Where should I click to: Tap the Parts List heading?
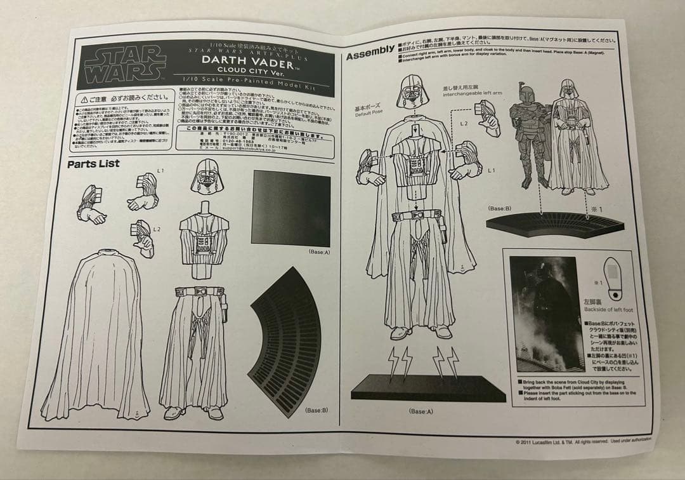[x=93, y=164]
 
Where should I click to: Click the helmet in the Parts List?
[x=207, y=176]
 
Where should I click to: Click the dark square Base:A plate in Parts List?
[x=291, y=208]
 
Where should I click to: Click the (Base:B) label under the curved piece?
[x=316, y=410]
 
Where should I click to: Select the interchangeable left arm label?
[x=477, y=93]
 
